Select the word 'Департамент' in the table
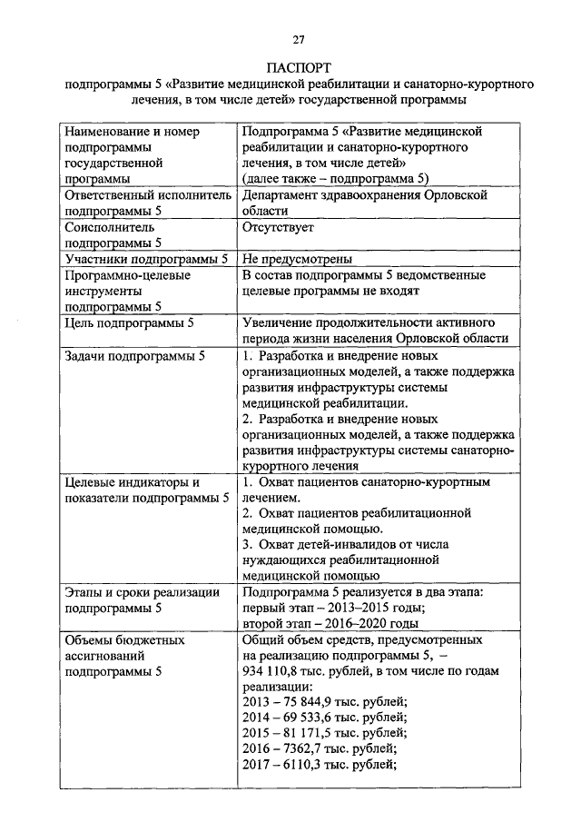[282, 195]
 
